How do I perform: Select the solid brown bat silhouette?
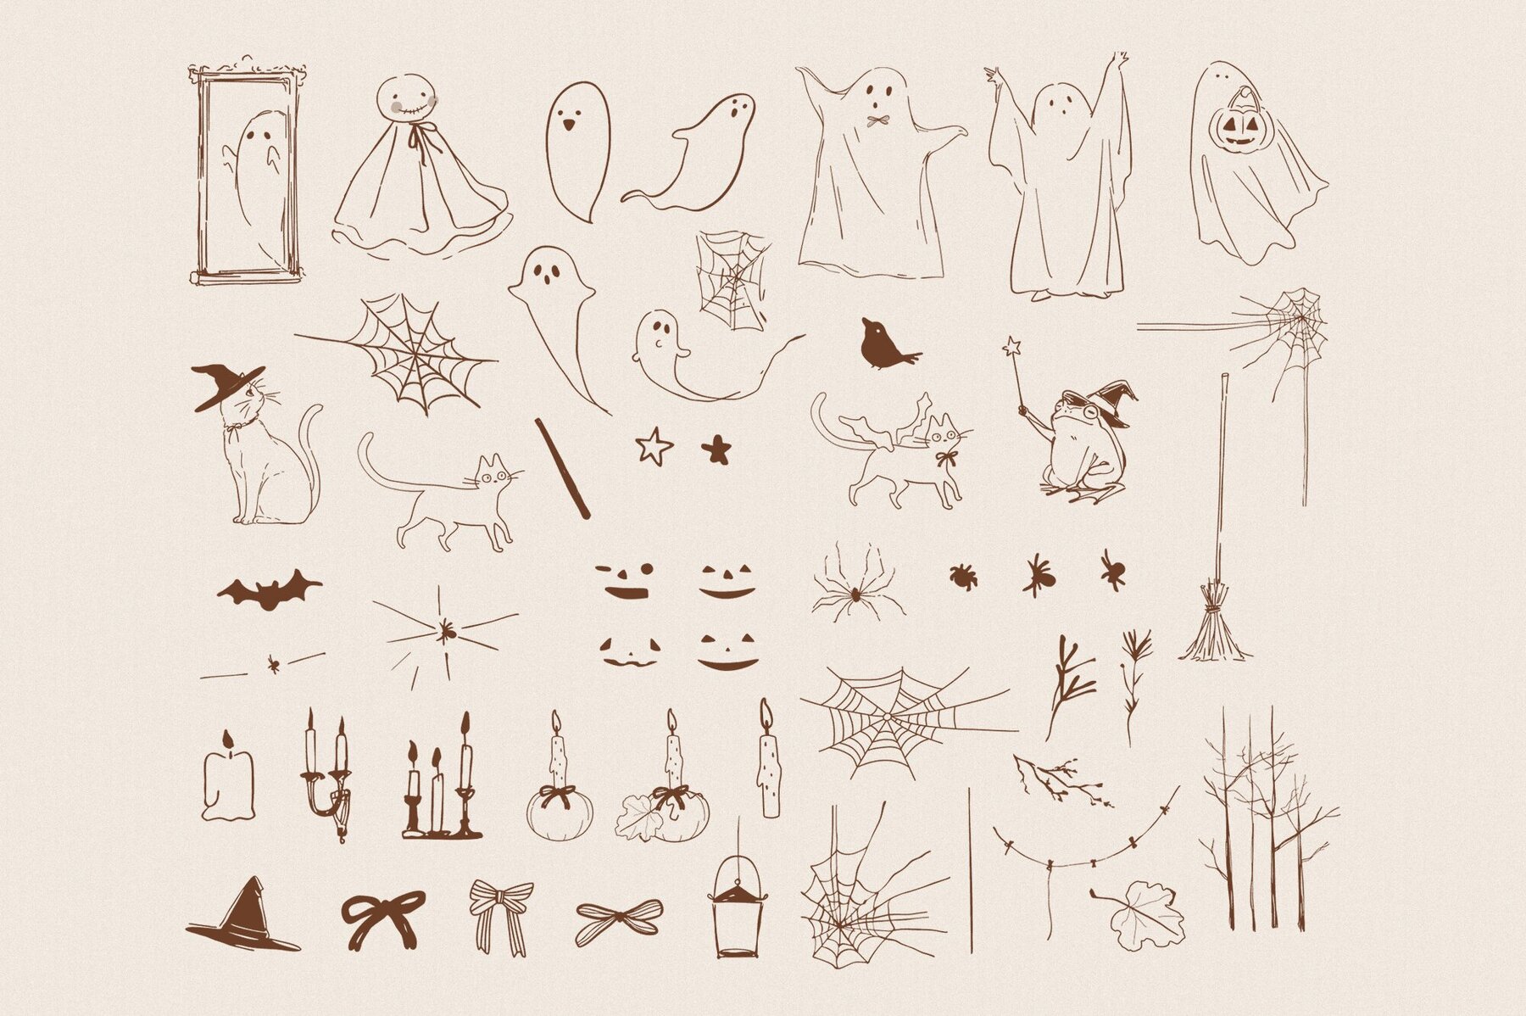[269, 589]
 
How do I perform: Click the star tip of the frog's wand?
[1011, 347]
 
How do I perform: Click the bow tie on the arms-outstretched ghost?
[877, 120]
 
